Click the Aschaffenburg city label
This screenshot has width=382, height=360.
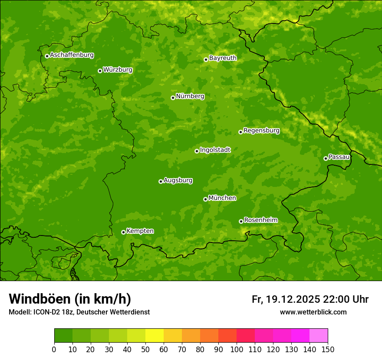click(x=72, y=55)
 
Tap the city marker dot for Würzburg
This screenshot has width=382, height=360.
click(x=100, y=71)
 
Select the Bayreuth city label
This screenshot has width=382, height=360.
click(x=223, y=58)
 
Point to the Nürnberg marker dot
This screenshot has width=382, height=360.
click(x=173, y=98)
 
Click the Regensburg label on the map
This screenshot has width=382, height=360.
click(x=261, y=131)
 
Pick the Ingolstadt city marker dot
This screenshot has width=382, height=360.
click(x=197, y=151)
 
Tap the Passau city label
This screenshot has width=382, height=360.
click(x=339, y=157)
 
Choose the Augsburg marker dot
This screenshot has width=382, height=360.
click(x=161, y=181)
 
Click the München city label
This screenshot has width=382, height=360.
click(x=222, y=198)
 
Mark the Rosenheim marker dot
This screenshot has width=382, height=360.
click(x=241, y=221)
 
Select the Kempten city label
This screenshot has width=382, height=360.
click(x=140, y=231)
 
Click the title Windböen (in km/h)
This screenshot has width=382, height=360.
click(x=69, y=299)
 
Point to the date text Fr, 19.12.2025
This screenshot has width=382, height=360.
click(x=286, y=299)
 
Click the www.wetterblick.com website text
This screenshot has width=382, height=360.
click(x=313, y=312)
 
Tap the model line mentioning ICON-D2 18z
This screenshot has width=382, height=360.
click(x=79, y=312)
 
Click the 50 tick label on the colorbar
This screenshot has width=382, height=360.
click(x=145, y=350)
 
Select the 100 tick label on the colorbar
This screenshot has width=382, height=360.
click(x=236, y=350)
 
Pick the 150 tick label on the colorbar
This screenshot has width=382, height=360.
click(x=327, y=350)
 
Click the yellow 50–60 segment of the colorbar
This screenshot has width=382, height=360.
click(x=154, y=336)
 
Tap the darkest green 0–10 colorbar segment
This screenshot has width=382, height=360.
click(x=63, y=336)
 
